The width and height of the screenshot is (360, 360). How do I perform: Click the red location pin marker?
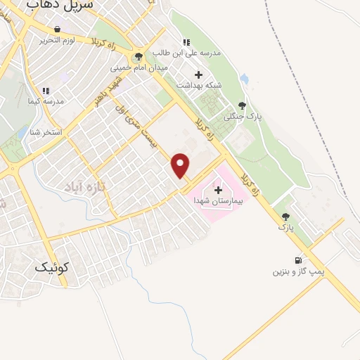[181, 165]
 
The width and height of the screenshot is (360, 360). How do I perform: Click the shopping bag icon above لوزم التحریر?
[57, 30]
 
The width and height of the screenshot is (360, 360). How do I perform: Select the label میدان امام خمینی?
[138, 69]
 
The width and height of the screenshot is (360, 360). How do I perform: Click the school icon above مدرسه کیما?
[46, 91]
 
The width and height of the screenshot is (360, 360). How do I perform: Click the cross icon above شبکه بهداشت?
[198, 75]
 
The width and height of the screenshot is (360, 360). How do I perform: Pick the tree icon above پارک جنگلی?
[243, 105]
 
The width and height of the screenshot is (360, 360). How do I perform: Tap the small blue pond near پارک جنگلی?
[243, 78]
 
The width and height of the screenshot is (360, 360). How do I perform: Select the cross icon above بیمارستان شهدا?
[217, 189]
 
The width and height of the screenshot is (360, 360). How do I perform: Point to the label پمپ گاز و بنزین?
[296, 271]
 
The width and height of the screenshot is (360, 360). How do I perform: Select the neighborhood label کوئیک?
[51, 267]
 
